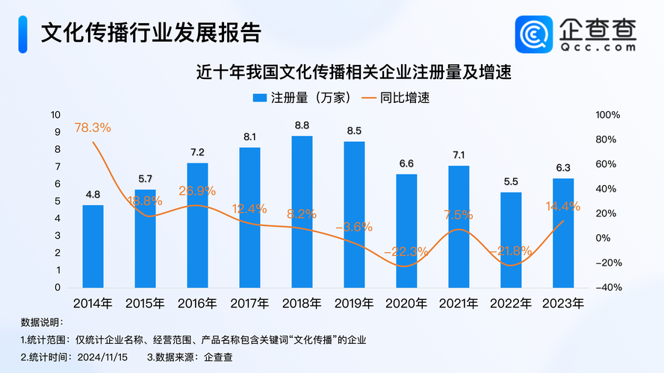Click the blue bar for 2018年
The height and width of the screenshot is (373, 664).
pos(302,212)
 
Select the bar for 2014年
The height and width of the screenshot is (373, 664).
pos(93,246)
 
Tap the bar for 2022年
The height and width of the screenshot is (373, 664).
pos(511,240)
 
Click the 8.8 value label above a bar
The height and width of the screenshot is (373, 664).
pos(302,126)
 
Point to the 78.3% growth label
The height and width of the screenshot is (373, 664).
pos(93,128)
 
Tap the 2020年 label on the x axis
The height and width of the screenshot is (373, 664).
pos(406,304)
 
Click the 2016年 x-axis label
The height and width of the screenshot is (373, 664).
pos(197,304)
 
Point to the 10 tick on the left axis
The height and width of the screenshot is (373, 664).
pos(55,115)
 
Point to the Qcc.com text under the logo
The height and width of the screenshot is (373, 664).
pos(598,46)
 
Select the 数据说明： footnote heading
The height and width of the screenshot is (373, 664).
pos(43,322)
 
